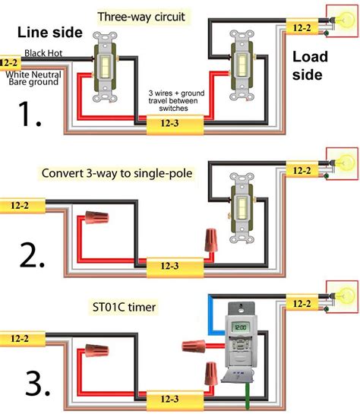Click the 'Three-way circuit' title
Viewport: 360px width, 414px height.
click(141, 17)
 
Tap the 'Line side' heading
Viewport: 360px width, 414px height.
click(50, 32)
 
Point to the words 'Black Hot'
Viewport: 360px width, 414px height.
click(43, 53)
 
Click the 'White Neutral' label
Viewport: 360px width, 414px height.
click(33, 74)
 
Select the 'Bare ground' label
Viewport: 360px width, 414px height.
click(33, 82)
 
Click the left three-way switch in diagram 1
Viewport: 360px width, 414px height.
click(105, 67)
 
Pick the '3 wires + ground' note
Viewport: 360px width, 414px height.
click(176, 93)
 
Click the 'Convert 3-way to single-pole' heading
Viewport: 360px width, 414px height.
click(117, 173)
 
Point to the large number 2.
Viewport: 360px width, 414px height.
click(32, 255)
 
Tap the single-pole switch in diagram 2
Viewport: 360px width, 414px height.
click(242, 208)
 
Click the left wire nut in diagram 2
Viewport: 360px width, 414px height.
click(96, 217)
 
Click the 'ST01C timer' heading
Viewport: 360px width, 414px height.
click(124, 307)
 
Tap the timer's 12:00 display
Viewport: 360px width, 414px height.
click(240, 327)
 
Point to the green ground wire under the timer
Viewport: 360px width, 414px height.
click(248, 395)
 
